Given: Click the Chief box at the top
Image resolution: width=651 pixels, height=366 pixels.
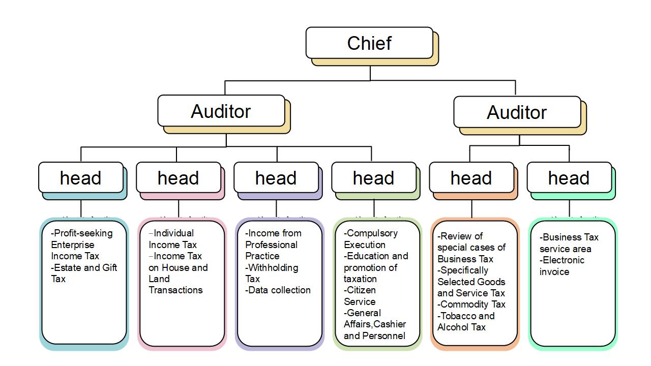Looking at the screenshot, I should (369, 43).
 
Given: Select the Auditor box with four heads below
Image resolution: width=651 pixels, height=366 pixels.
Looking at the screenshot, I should (221, 111).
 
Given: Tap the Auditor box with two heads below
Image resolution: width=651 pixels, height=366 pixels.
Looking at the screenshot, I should (517, 112).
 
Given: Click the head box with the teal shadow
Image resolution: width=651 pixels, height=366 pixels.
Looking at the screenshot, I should (81, 178).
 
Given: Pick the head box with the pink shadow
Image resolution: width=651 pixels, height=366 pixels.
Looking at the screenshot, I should (179, 178).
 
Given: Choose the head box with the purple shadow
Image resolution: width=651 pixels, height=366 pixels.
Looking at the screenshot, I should (276, 178).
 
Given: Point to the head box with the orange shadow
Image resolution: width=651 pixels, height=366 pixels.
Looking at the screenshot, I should (471, 178).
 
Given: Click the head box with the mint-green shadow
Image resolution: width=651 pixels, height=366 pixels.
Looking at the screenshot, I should (569, 178).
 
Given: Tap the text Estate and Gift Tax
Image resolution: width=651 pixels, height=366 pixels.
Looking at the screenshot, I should (84, 273).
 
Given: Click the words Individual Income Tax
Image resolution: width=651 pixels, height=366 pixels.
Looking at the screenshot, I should (172, 239).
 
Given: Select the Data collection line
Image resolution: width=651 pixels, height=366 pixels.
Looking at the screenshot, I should (278, 290).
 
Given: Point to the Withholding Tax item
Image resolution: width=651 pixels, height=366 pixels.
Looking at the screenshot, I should (272, 273).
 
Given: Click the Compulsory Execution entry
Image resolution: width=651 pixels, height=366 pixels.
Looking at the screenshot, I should (370, 239).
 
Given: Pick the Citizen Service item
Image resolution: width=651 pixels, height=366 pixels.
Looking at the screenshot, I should (360, 295).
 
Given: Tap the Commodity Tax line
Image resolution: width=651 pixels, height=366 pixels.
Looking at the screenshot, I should (472, 304).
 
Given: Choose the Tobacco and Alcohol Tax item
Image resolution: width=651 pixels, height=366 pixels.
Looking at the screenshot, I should (465, 321).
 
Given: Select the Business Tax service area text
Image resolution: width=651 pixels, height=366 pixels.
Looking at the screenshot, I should (569, 243).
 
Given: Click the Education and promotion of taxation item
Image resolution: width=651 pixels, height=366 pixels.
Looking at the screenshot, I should (375, 267).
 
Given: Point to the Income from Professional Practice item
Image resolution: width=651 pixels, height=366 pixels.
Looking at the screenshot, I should (273, 245).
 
